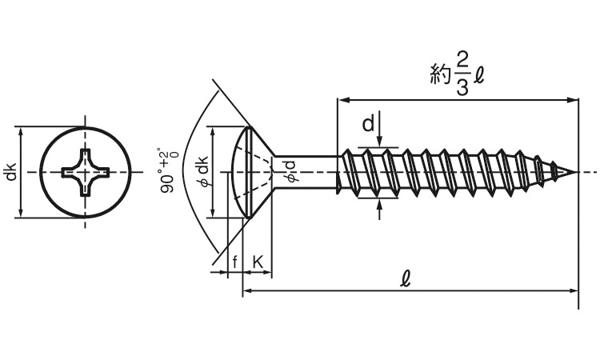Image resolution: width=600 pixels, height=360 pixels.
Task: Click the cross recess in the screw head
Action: pos(85,171)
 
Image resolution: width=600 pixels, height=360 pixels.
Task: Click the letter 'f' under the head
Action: pos(234,262)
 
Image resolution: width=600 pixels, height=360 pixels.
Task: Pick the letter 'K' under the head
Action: pos(258,262)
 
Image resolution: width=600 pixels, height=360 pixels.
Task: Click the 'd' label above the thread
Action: pos(367,124)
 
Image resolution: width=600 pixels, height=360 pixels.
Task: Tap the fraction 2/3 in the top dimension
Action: pos(462,74)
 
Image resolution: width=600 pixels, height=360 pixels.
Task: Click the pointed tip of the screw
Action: pos(574,172)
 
